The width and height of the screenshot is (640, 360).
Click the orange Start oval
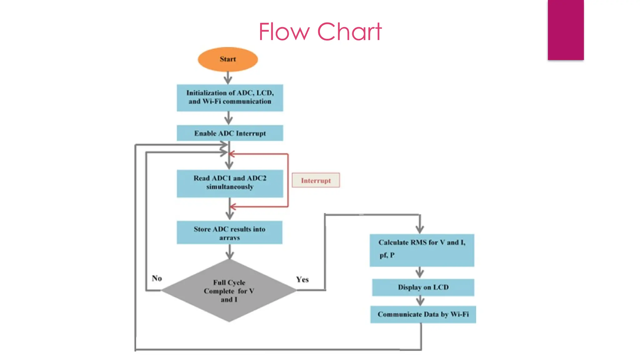[x=228, y=59]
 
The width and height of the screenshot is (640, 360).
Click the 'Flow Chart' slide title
[x=320, y=32]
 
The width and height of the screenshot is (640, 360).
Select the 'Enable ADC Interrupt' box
[x=230, y=133]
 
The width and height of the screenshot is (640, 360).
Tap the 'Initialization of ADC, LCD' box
[x=230, y=97]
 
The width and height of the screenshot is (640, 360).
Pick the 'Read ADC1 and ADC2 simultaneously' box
[x=230, y=183]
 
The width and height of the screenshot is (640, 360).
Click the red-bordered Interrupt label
[x=316, y=180]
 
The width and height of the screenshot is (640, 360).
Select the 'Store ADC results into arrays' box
[x=229, y=232]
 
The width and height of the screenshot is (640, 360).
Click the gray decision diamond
[x=229, y=291]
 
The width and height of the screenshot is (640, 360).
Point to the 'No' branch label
[x=157, y=278]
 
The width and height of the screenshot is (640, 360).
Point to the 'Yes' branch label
[x=302, y=279]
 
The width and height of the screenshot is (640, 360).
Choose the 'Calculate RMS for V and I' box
[x=422, y=250]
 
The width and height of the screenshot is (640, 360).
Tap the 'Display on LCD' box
[x=423, y=287]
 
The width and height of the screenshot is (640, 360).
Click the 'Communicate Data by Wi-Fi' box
[x=423, y=314]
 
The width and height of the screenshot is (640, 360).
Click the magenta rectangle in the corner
[x=565, y=30]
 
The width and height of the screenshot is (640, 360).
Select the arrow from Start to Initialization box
[x=228, y=78]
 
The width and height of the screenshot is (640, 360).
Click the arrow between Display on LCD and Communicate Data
[x=420, y=301]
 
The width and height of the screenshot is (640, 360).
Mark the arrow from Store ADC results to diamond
[x=230, y=252]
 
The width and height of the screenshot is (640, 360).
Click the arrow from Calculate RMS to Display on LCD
[x=420, y=272]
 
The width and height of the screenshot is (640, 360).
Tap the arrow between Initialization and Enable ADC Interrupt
[x=228, y=118]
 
